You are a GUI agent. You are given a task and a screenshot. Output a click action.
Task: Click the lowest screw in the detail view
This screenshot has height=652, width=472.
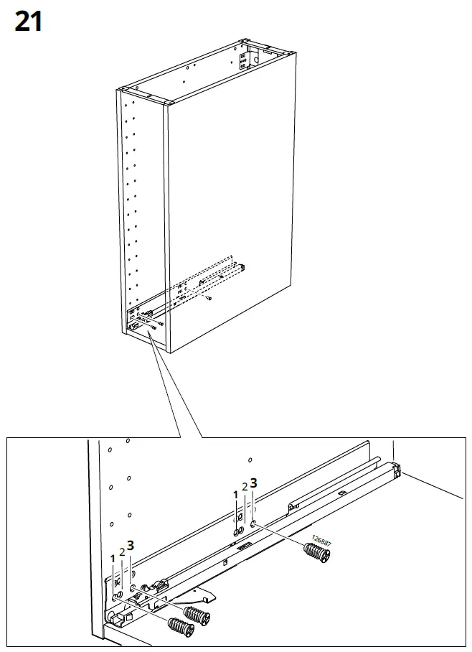181,626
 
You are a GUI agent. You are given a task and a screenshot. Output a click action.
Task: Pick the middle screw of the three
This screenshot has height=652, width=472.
197,615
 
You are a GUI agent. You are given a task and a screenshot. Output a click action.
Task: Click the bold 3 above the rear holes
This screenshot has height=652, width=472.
252,483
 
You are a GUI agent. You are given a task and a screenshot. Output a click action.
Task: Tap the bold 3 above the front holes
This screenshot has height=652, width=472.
131,544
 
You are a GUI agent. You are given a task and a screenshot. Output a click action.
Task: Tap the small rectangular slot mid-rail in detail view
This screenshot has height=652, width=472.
243,546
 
